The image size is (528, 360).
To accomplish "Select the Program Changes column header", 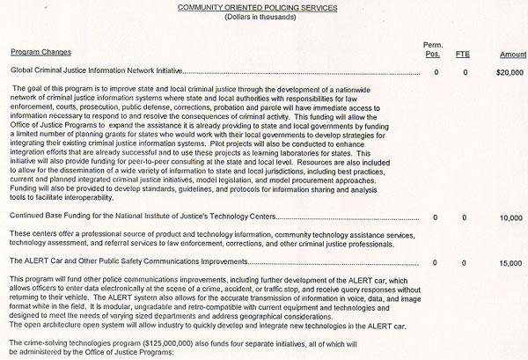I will [42, 54].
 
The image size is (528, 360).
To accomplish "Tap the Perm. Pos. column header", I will [433, 49].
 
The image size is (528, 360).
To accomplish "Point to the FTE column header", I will [463, 54].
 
